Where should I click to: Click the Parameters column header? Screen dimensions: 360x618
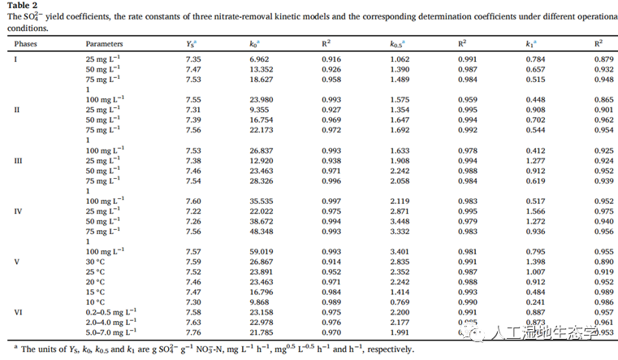(x=105, y=44)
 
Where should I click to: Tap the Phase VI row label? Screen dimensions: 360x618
(x=18, y=311)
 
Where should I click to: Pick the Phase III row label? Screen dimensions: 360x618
(x=19, y=161)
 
